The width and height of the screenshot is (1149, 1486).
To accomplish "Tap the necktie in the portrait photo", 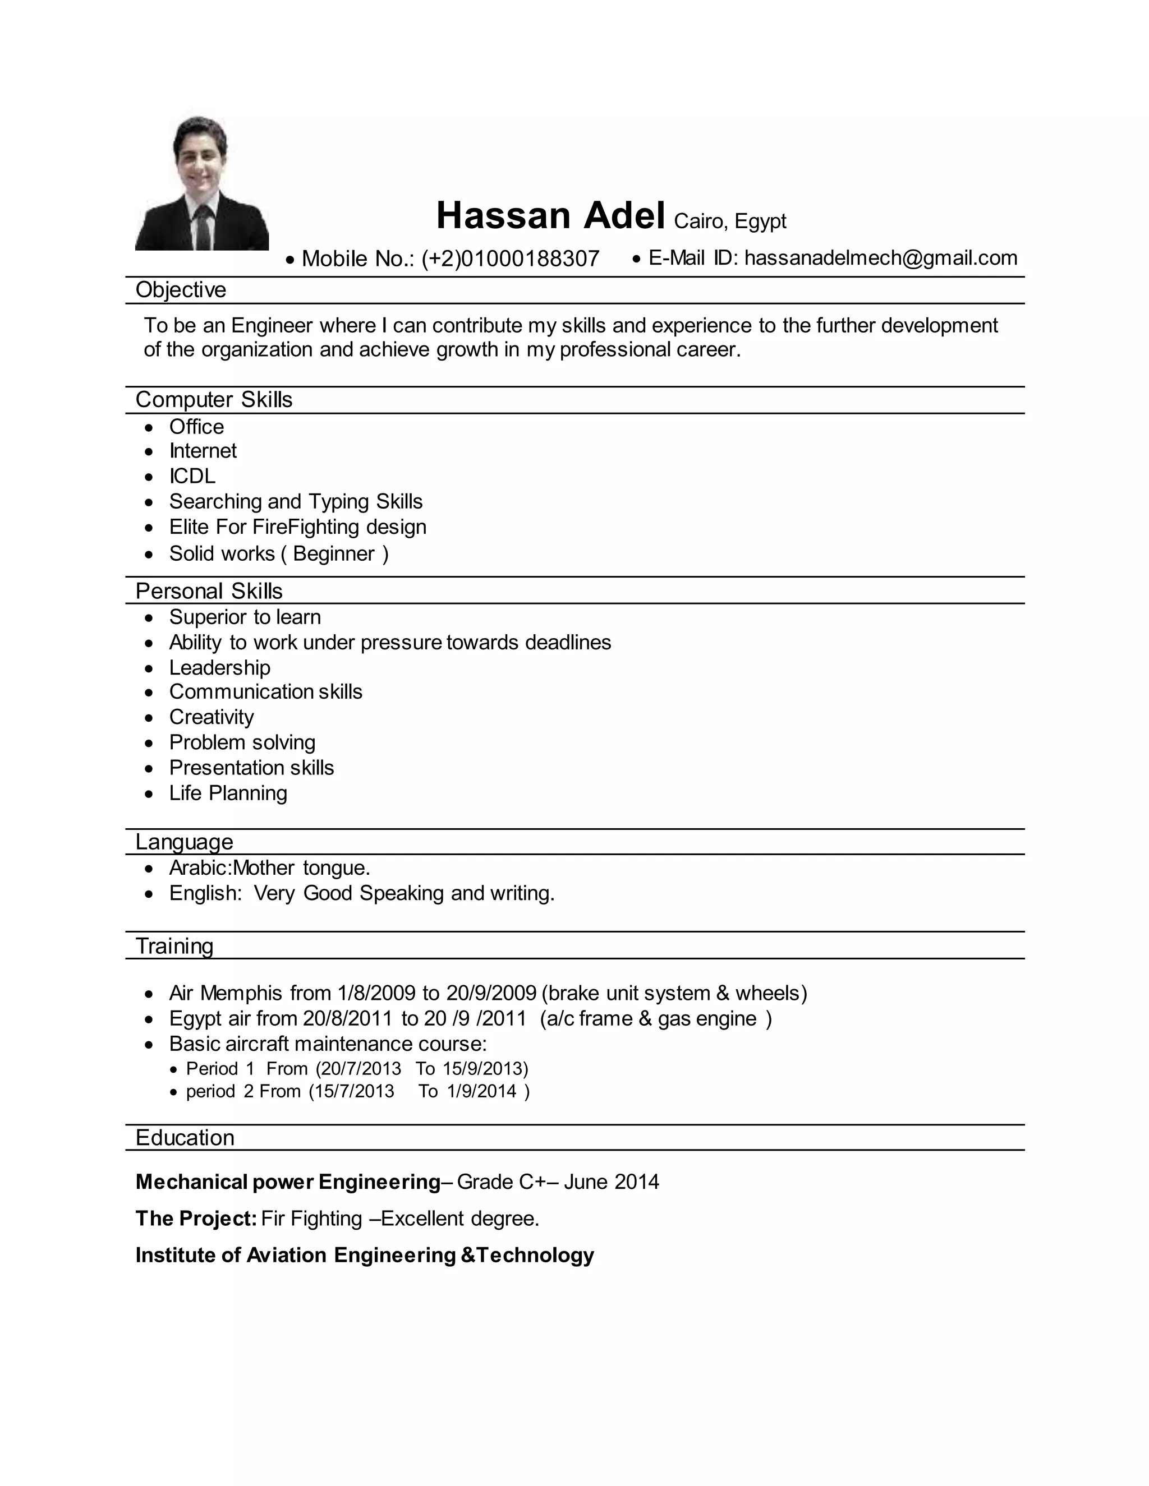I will pos(202,227).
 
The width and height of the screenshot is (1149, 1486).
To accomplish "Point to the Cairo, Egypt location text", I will pos(730,221).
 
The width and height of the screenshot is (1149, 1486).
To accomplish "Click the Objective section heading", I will pos(181,290).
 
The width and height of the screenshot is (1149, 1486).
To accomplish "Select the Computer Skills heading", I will pos(214,399).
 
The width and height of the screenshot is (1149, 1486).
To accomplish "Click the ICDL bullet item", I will pos(192,476).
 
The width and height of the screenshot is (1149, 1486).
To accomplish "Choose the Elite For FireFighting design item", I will pos(297,527).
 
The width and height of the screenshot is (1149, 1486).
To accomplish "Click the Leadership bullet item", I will pos(219,667).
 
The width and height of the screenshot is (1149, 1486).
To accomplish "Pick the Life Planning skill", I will pos(228,793).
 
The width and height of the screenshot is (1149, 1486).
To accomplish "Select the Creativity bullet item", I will pos(211,717).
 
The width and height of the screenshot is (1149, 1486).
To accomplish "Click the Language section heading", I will pos(184,842).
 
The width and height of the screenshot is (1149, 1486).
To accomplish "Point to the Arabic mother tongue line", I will pos(269,868).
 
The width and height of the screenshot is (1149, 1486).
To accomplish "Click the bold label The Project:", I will pos(196,1219).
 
